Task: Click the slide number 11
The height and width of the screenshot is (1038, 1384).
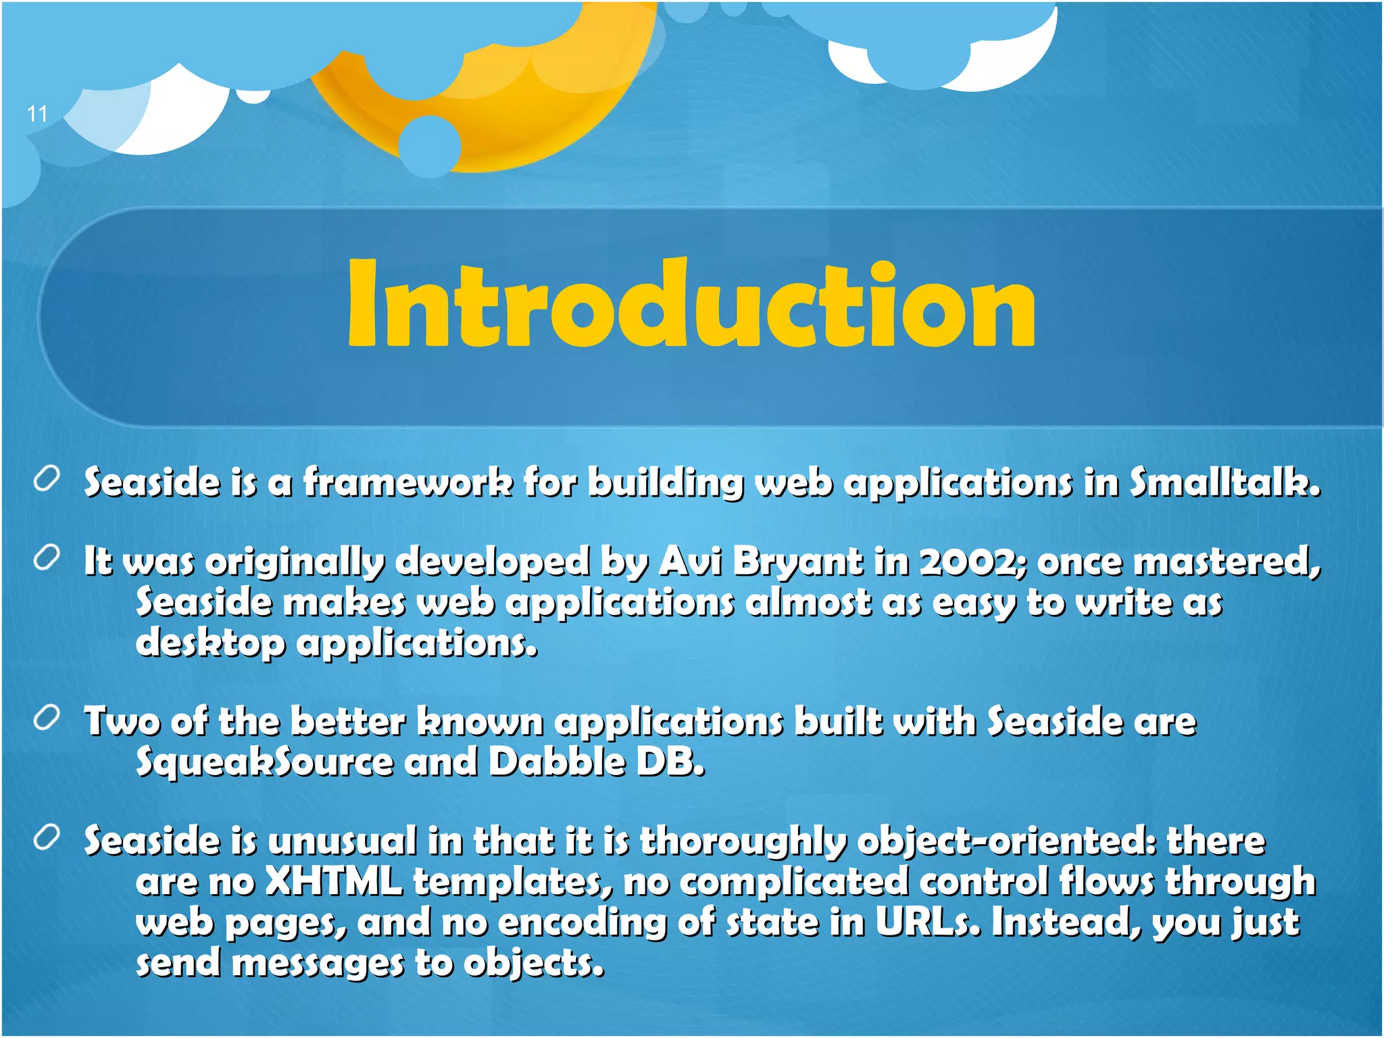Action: pyautogui.click(x=37, y=114)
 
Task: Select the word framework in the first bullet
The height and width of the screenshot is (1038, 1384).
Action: pyautogui.click(x=407, y=483)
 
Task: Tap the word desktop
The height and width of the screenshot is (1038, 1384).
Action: pyautogui.click(x=210, y=642)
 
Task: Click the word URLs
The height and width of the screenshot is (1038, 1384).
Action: pyautogui.click(x=926, y=922)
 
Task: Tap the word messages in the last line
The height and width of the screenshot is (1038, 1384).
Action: pyautogui.click(x=318, y=962)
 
